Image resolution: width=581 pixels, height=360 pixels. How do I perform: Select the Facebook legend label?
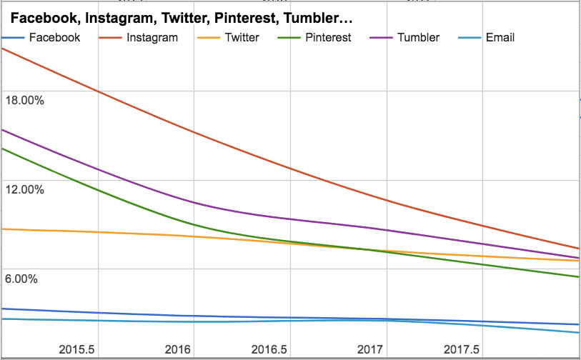click(55, 37)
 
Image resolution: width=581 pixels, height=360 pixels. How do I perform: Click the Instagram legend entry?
click(152, 37)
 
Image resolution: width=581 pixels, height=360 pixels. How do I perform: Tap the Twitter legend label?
click(242, 37)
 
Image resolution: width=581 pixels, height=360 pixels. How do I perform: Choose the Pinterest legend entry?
click(327, 37)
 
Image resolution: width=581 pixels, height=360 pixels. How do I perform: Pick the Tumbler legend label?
click(419, 37)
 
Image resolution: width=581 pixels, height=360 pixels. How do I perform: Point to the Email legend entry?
click(500, 37)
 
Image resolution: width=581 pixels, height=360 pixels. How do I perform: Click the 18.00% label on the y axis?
click(24, 100)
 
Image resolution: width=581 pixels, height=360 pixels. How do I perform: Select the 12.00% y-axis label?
click(24, 189)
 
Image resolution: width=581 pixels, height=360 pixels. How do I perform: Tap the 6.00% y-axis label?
click(21, 279)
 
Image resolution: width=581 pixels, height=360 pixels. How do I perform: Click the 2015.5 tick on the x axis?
click(76, 349)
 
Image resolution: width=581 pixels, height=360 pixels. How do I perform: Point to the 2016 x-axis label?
click(178, 349)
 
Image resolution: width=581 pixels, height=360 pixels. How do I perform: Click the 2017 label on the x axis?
click(369, 349)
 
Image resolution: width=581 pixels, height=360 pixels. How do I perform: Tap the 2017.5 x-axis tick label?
click(461, 349)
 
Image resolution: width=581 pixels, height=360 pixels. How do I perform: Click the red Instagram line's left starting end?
click(3, 49)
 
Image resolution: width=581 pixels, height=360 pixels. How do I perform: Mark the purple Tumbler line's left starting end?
click(3, 130)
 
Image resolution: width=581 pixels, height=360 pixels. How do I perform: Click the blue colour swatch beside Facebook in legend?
click(14, 37)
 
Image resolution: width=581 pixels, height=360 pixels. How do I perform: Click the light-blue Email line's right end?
click(577, 333)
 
